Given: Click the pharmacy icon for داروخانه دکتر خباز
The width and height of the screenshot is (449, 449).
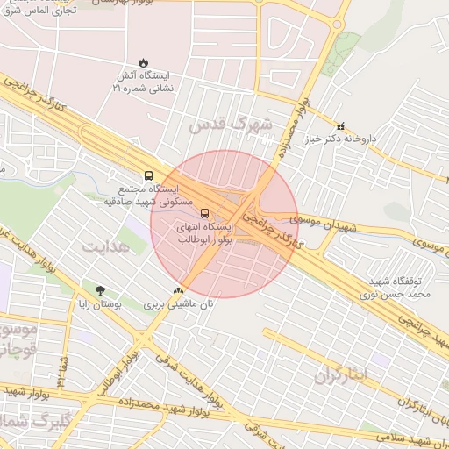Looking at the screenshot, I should (341, 126).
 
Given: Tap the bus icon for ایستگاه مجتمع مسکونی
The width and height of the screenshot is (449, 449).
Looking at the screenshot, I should (148, 175).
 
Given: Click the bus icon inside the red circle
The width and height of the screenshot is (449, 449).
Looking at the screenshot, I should (205, 213).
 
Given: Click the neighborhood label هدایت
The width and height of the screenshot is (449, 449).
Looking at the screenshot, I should (104, 246).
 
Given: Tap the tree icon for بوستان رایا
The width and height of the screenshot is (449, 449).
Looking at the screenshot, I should (100, 290).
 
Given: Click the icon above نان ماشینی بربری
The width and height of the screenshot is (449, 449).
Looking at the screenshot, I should (179, 290).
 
